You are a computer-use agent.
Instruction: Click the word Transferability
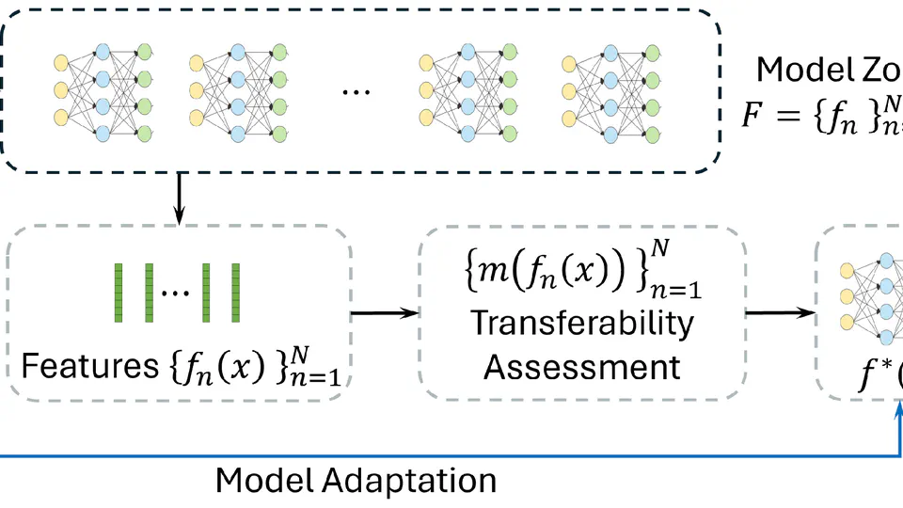[x=582, y=323]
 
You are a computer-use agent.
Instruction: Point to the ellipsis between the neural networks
[x=356, y=91]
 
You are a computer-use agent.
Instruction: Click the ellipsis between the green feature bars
[x=176, y=292]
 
